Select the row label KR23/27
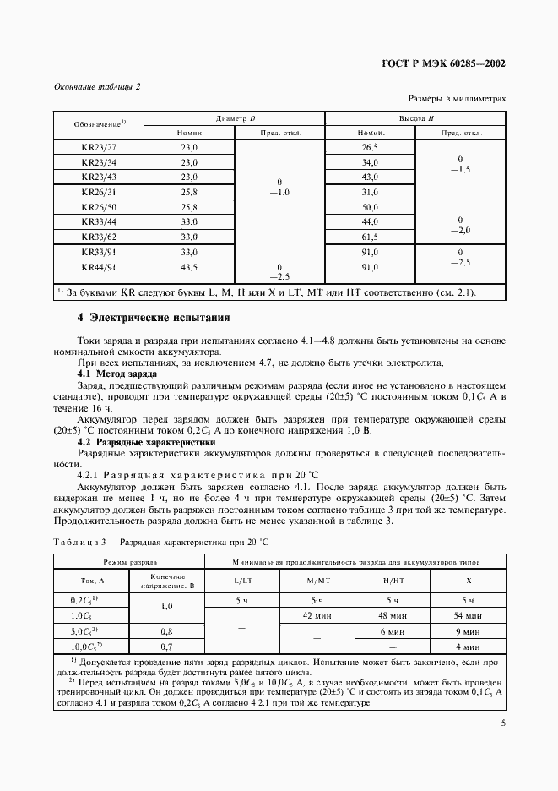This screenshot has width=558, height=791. pyautogui.click(x=99, y=147)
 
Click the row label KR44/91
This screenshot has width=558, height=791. pyautogui.click(x=99, y=267)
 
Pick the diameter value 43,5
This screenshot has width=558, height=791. pyautogui.click(x=188, y=267)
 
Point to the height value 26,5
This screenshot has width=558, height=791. pyautogui.click(x=370, y=147)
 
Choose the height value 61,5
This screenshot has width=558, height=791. pyautogui.click(x=370, y=237)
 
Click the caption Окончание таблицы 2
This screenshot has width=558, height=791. pyautogui.click(x=97, y=86)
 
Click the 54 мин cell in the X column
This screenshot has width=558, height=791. pyautogui.click(x=469, y=615)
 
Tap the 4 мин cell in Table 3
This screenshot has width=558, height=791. pyautogui.click(x=469, y=646)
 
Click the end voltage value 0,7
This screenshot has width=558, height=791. pyautogui.click(x=166, y=646)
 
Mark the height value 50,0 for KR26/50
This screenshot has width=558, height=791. pyautogui.click(x=370, y=207)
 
